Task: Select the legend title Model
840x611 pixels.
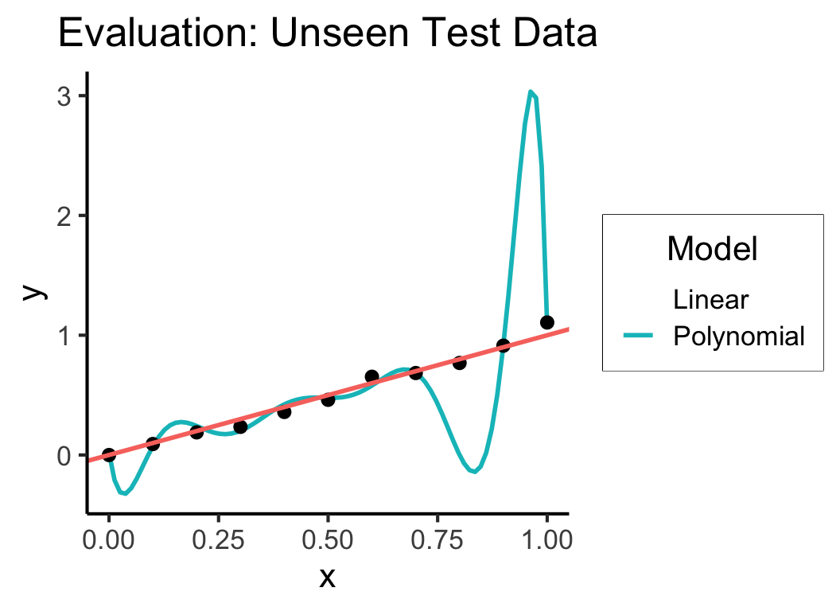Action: click(x=712, y=249)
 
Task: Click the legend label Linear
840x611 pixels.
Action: click(x=710, y=300)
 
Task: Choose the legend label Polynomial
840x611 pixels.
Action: click(x=739, y=336)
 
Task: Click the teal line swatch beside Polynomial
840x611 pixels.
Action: click(x=639, y=337)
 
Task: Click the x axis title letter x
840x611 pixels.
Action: click(x=327, y=577)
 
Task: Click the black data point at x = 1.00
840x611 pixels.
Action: click(x=546, y=322)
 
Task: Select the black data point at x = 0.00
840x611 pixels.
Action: click(x=109, y=455)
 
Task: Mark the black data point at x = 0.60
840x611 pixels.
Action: click(x=371, y=376)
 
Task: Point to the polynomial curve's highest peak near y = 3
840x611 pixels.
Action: click(x=531, y=92)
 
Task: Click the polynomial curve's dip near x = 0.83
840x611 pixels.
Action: click(x=473, y=471)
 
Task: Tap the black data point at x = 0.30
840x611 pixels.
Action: click(x=240, y=427)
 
